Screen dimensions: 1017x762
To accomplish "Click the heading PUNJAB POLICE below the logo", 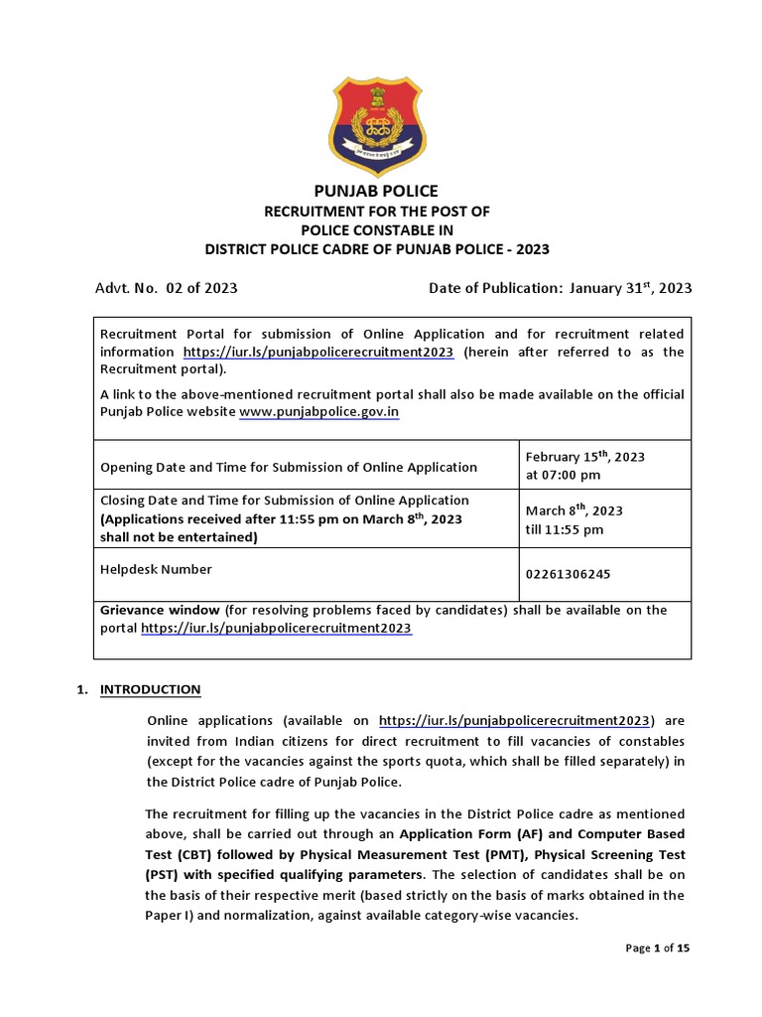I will [x=376, y=191].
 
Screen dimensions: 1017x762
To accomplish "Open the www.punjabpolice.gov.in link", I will [x=319, y=412].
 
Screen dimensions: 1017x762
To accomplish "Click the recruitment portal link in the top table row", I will [x=318, y=352].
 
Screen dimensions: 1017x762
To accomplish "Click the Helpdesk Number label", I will [x=156, y=569].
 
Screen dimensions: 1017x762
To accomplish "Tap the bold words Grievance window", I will [x=160, y=610].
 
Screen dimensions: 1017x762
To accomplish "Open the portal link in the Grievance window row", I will [x=276, y=629].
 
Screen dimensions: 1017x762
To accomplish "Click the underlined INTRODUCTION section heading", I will [x=150, y=689].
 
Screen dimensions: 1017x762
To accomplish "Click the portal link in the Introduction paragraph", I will [x=515, y=720].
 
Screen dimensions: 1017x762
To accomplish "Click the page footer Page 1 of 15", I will [x=657, y=948].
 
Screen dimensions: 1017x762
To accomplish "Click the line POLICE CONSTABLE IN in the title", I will [x=376, y=230].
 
